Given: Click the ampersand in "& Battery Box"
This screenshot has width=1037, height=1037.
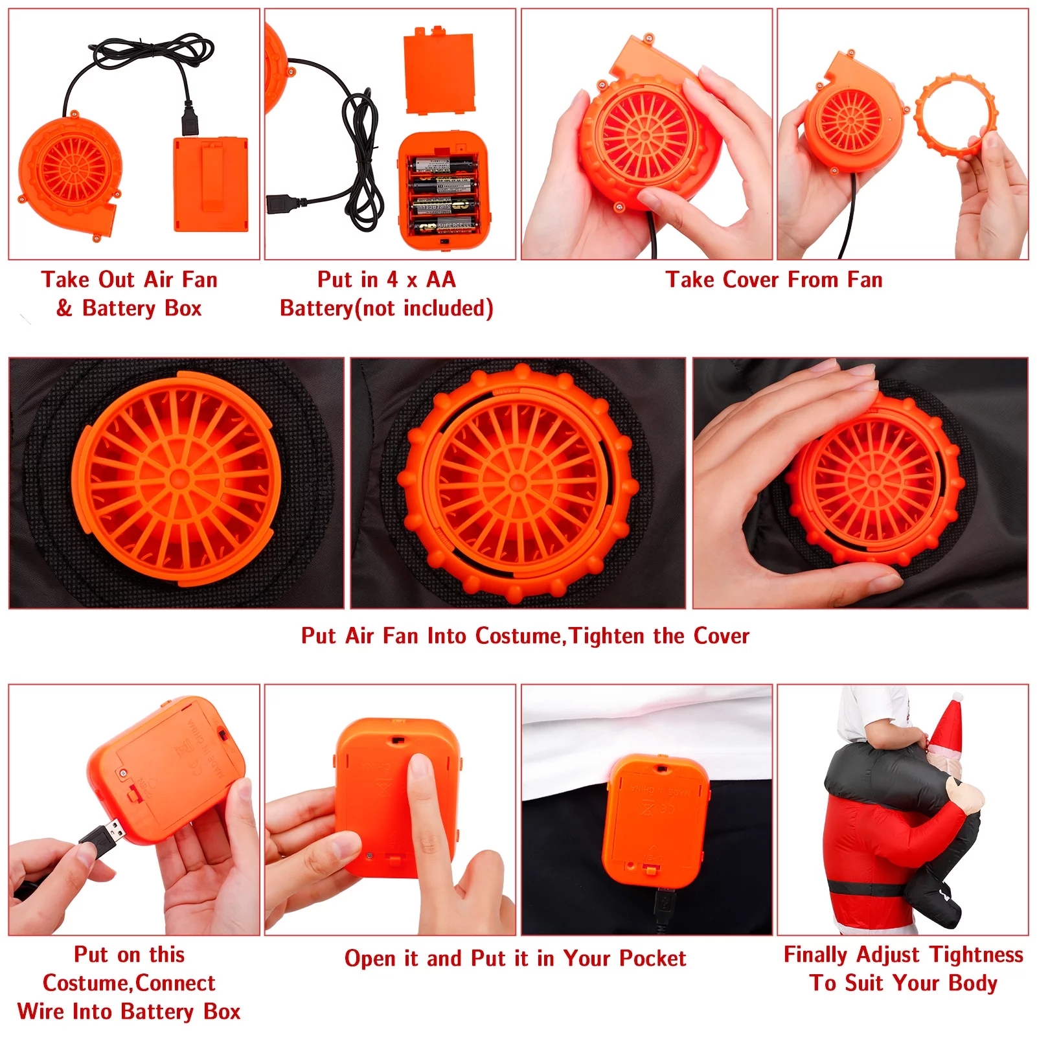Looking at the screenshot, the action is [x=64, y=308].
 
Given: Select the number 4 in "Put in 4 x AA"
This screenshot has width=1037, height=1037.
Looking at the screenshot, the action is [x=392, y=280].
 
